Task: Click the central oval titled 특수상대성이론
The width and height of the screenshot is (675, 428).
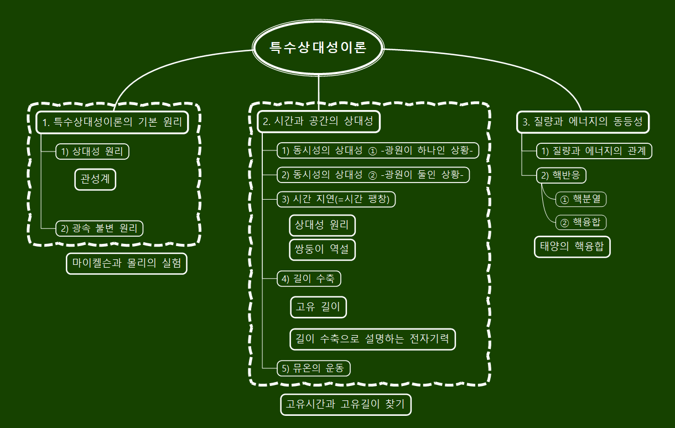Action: tap(318, 48)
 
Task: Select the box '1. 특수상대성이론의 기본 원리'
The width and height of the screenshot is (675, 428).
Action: tap(112, 122)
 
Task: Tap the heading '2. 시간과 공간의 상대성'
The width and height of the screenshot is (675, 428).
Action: tap(319, 122)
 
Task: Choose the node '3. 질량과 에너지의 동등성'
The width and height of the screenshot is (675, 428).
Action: tap(583, 122)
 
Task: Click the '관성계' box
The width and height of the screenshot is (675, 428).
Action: tap(95, 179)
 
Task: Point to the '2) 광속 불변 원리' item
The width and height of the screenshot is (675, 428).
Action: tap(99, 228)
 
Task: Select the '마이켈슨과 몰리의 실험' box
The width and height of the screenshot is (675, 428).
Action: tap(126, 263)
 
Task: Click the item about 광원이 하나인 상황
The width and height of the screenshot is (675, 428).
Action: tap(380, 151)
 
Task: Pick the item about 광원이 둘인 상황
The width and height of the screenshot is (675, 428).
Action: tap(373, 175)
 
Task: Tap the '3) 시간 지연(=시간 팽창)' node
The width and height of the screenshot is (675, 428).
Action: tap(336, 200)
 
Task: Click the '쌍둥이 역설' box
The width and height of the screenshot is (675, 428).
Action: tap(322, 249)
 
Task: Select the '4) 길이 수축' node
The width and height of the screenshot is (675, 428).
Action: tap(309, 279)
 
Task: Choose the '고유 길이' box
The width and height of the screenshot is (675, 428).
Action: tap(318, 307)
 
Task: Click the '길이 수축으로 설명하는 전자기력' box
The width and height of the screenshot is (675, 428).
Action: tap(372, 338)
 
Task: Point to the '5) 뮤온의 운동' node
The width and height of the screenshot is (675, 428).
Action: tap(314, 368)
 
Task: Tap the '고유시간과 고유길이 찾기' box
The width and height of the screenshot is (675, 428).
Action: tap(346, 404)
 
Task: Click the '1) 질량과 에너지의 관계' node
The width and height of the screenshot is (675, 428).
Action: tap(594, 151)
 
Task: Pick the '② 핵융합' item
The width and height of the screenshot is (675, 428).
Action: tap(581, 222)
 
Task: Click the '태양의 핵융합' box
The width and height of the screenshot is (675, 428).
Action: tap(572, 246)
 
